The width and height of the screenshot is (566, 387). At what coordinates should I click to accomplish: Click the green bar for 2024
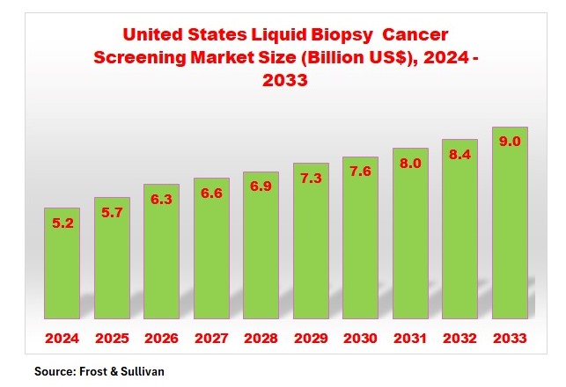coord(62,264)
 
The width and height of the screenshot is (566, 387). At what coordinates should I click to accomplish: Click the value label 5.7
coord(112,214)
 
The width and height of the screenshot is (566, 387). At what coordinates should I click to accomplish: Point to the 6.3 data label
coord(162,200)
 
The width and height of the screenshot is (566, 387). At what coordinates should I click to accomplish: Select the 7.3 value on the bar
coord(311,179)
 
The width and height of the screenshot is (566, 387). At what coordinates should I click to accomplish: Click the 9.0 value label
coord(510,142)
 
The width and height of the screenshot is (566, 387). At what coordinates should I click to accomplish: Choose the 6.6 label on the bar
coord(211,193)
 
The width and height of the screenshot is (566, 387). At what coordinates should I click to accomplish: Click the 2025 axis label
coord(112,338)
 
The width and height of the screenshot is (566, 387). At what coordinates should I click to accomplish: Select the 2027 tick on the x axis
coord(211,338)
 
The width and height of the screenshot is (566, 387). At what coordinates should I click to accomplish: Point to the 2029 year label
coord(311,338)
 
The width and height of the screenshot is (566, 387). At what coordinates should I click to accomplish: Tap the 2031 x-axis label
coord(410,338)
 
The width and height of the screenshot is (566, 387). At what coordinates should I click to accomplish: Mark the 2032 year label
coord(459,338)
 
